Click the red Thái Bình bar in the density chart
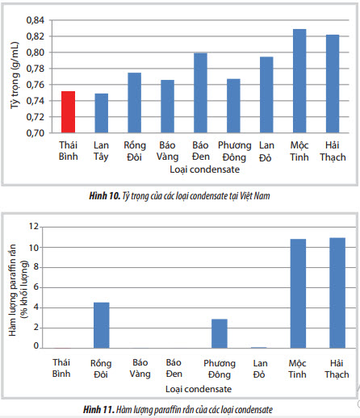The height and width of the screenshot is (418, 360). tap(68, 112)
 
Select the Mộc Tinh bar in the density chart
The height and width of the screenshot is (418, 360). tap(299, 81)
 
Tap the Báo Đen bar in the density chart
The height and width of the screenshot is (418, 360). tap(200, 93)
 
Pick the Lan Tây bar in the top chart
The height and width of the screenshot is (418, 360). tap(101, 113)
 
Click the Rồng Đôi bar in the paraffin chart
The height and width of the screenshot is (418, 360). tap(102, 325)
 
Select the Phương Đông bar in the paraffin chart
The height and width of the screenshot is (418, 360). tap(220, 333)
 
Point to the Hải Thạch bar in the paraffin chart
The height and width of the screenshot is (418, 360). tap(337, 293)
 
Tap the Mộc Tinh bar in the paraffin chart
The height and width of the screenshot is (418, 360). tap(298, 294)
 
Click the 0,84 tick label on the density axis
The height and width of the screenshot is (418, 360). tap(36, 20)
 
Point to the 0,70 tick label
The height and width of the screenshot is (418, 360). tap(36, 133)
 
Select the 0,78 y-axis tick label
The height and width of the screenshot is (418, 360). tap(36, 69)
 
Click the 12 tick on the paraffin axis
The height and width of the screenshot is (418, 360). tap(34, 227)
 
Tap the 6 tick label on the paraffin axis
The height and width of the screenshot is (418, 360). tap(36, 287)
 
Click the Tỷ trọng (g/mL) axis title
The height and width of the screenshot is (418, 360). tap(15, 75)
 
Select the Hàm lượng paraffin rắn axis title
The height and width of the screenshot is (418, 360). tap(13, 290)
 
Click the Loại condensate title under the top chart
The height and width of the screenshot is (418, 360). tap(204, 169)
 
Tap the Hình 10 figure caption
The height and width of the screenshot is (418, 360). tap(179, 196)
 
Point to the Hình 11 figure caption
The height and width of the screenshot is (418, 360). tap(178, 410)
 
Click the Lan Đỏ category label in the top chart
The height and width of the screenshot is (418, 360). tap(266, 151)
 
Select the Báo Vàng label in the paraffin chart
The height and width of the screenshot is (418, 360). tap(140, 369)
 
